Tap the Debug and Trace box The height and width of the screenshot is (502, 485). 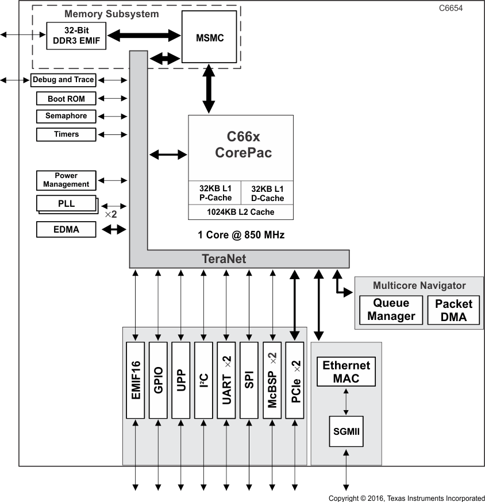(x=63, y=80)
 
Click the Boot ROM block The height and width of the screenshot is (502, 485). (x=66, y=99)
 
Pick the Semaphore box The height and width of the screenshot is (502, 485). (x=66, y=116)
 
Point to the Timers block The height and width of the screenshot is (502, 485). (x=66, y=134)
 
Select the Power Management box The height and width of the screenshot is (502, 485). (x=66, y=180)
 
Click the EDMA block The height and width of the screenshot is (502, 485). (x=66, y=230)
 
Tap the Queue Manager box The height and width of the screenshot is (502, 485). (x=391, y=310)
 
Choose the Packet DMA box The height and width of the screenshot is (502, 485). (x=453, y=310)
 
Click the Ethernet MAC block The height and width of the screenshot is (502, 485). (x=346, y=372)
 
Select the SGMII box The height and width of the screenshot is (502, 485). (x=346, y=431)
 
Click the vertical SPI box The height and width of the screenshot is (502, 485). (x=249, y=380)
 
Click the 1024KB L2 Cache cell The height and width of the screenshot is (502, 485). (x=240, y=212)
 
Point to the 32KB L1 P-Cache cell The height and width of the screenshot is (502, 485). (x=215, y=194)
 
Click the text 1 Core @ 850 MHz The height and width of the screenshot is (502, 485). (x=241, y=235)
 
